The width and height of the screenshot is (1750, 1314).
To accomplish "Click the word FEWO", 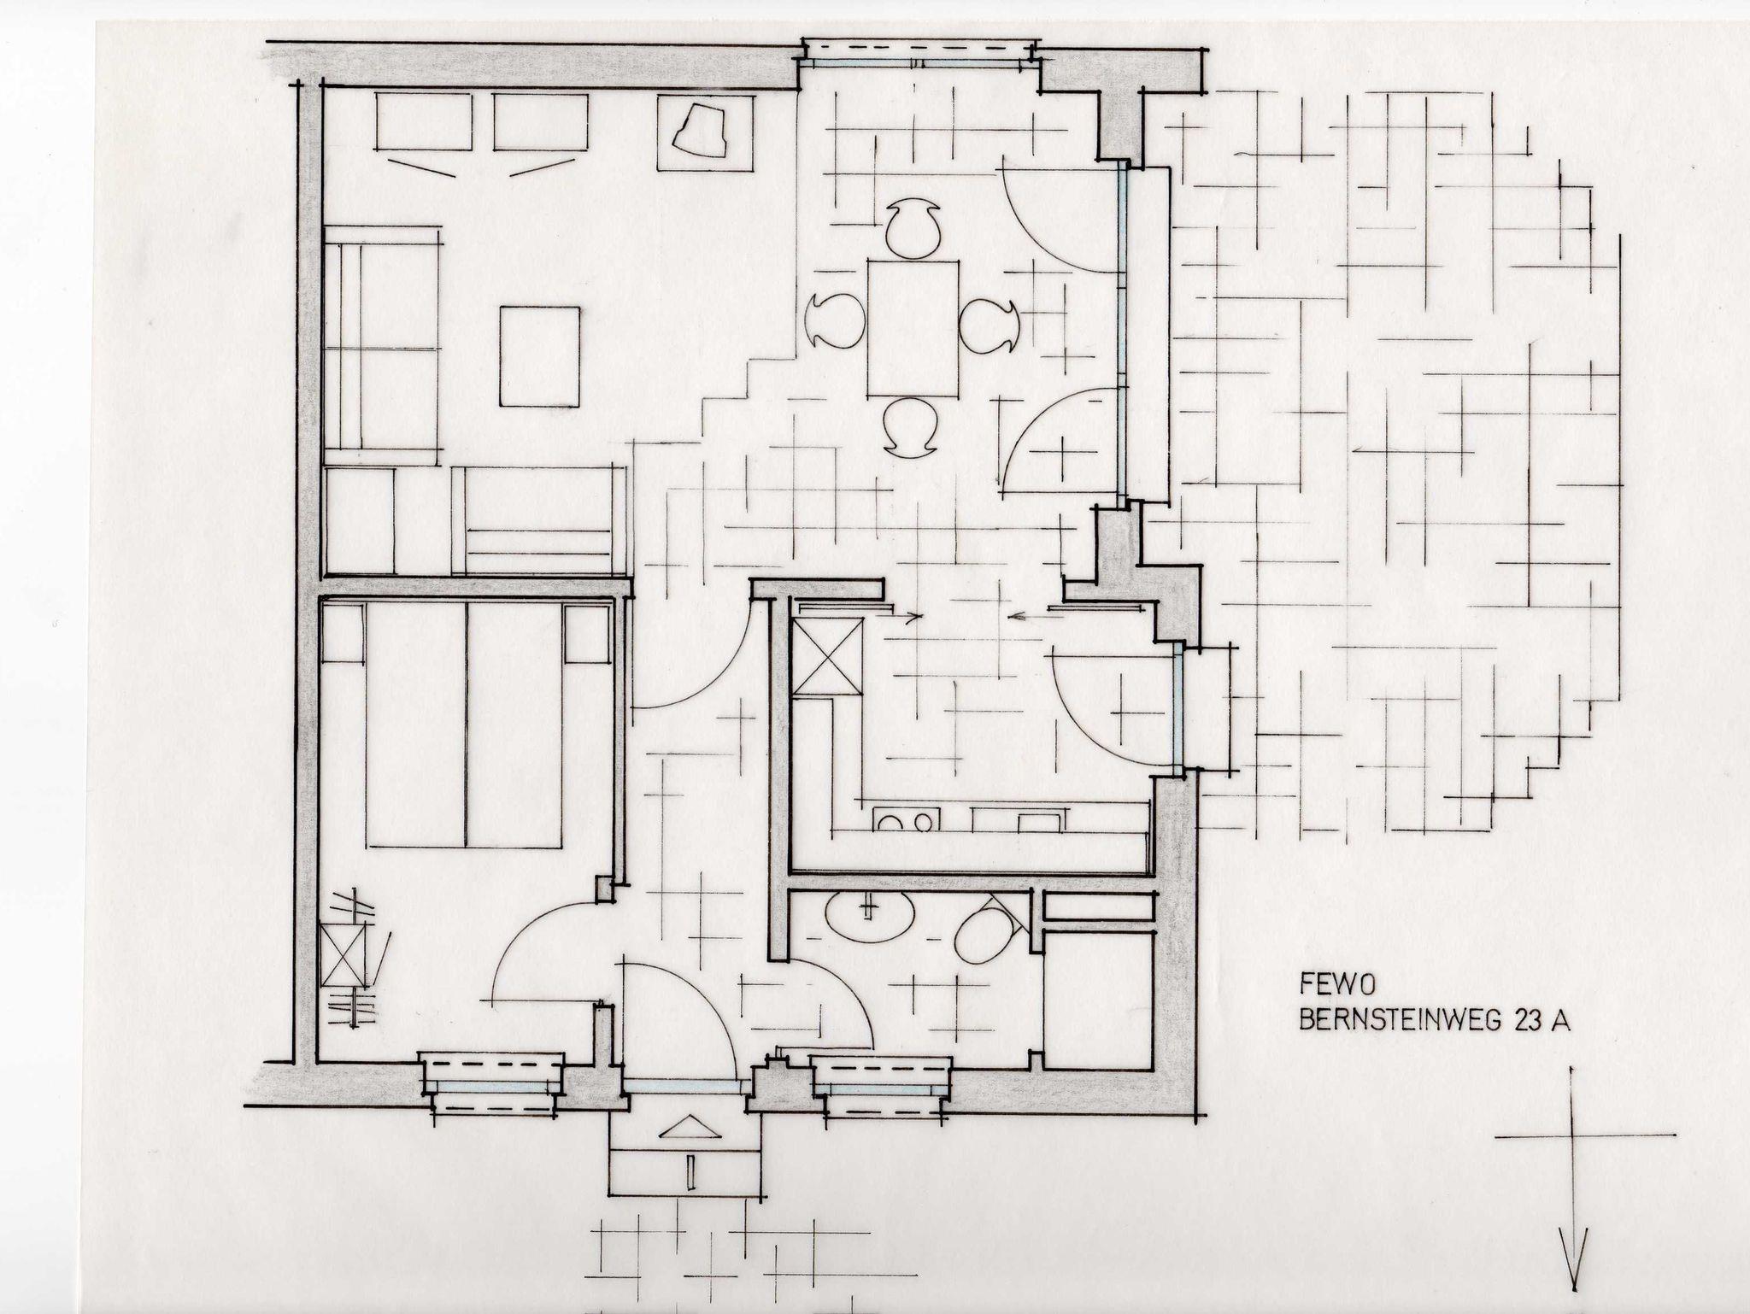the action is pos(1324,985).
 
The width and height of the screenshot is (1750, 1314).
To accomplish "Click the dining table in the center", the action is pos(912,328).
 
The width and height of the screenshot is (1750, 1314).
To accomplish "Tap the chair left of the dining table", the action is pos(837,320).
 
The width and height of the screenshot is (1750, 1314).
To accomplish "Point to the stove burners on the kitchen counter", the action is pos(907,821).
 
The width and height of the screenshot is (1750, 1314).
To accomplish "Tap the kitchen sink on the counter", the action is pos(1018,820).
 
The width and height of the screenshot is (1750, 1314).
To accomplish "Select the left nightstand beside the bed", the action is pos(344,632).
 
